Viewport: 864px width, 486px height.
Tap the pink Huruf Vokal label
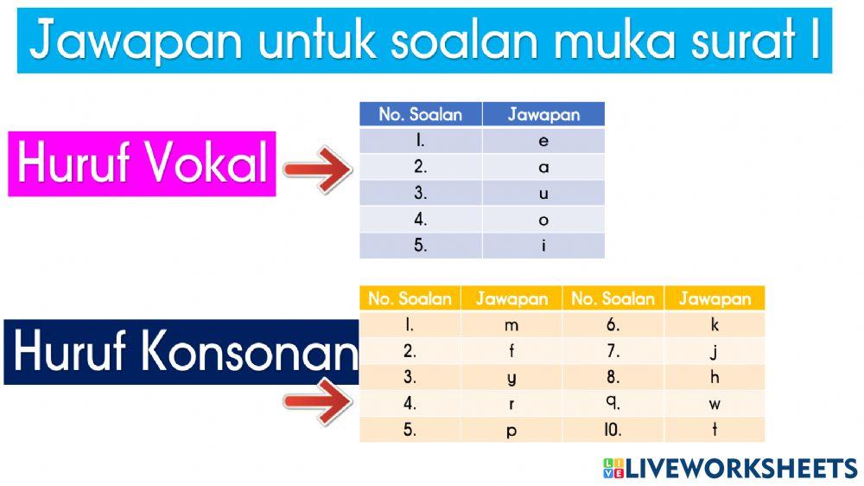[143, 163]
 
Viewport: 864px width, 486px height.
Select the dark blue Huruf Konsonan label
[181, 352]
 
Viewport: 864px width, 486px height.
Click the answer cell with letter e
[543, 141]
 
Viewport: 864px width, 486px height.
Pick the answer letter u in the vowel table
[543, 194]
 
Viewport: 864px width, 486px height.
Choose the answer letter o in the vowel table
[543, 220]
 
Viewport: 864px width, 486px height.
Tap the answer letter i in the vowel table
[543, 246]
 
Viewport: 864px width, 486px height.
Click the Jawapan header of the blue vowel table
[543, 114]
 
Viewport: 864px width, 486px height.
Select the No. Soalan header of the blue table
[421, 114]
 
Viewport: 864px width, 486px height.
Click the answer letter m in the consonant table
[511, 326]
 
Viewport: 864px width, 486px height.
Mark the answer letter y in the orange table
[511, 378]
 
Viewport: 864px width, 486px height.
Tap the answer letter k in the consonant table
[715, 326]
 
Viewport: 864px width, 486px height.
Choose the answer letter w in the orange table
[715, 404]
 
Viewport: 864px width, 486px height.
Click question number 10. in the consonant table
[613, 430]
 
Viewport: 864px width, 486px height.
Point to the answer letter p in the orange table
[511, 431]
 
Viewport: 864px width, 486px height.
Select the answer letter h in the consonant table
[715, 378]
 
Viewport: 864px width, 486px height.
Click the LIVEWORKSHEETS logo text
[740, 468]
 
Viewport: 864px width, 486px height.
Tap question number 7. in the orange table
[613, 352]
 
